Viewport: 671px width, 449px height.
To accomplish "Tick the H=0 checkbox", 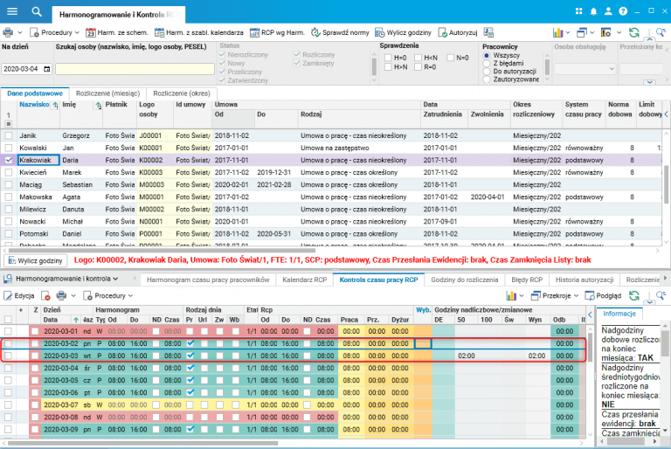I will click(x=387, y=57).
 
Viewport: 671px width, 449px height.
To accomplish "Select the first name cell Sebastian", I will click(x=78, y=185).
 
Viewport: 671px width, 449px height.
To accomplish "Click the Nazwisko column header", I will click(x=33, y=105).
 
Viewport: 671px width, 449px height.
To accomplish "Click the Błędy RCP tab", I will click(x=527, y=280).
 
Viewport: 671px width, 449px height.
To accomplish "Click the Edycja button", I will click(x=19, y=296).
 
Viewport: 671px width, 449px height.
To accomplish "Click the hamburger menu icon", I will click(x=12, y=11).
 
